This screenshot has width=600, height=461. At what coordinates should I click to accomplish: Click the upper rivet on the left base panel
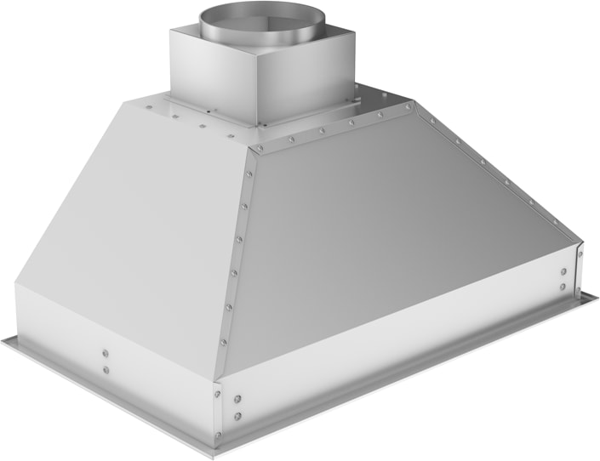(x=105, y=353)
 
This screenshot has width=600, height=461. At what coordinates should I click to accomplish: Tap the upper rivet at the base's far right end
(x=563, y=272)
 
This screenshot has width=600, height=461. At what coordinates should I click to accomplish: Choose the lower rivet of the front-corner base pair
(x=238, y=416)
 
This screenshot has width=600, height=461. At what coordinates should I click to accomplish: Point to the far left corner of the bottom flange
(x=3, y=339)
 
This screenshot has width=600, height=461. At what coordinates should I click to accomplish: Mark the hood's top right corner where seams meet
(x=414, y=105)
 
